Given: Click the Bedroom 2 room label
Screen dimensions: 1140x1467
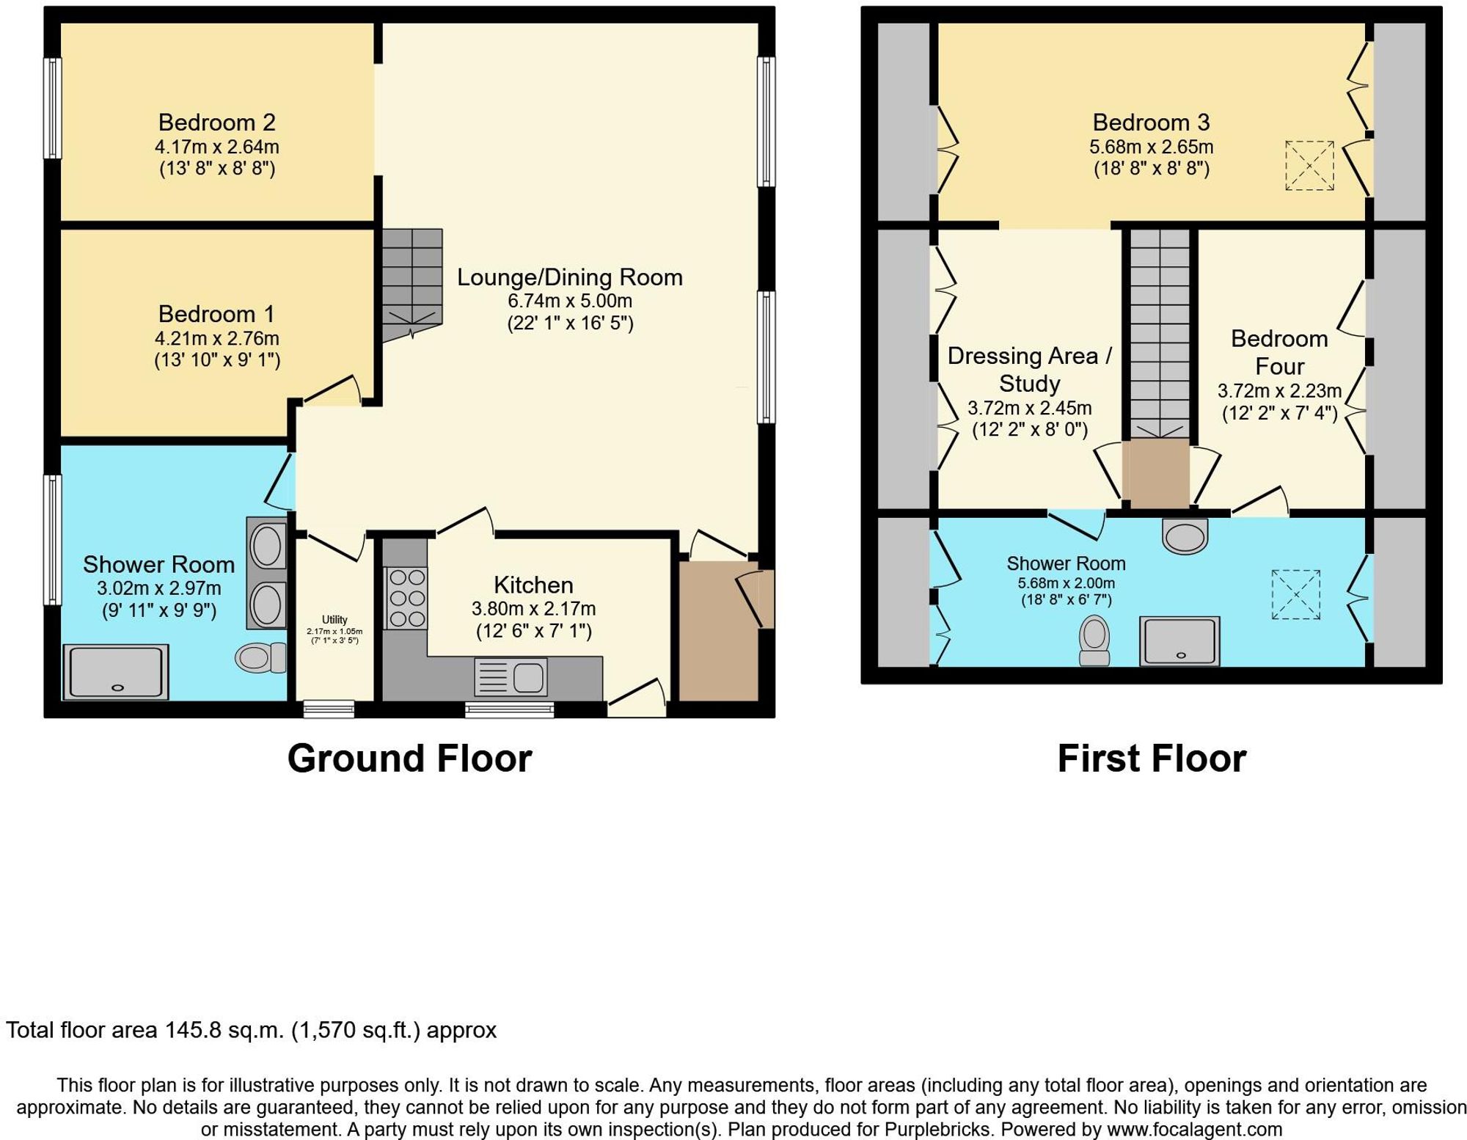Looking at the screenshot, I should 216,123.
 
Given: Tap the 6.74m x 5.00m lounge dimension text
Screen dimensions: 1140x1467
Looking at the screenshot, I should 569,301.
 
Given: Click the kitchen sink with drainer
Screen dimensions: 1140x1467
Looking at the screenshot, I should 511,676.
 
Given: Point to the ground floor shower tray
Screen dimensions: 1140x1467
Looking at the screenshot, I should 116,672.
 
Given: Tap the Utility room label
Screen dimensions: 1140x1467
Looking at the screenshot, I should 334,620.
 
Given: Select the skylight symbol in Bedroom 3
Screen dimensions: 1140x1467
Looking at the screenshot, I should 1309,166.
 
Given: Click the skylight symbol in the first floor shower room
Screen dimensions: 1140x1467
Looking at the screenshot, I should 1295,594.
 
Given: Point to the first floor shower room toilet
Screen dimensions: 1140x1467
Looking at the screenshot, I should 1094,640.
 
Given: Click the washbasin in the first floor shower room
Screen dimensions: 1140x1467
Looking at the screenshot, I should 1185,536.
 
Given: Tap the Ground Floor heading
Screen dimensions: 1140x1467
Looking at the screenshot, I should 409,759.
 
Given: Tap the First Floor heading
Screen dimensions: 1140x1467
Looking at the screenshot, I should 1152,759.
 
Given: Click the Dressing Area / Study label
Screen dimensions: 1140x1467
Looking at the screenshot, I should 1029,370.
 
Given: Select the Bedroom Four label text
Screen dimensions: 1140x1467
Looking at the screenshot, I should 1279,352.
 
